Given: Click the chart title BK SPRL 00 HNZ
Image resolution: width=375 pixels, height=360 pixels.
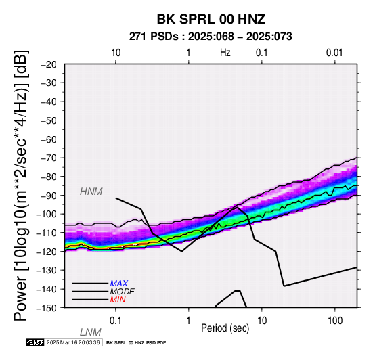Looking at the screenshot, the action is click(211, 19).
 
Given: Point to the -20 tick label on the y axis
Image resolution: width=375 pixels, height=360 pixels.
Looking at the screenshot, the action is click(49, 64).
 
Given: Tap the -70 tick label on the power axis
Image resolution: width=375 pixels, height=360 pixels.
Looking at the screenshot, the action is click(49, 158).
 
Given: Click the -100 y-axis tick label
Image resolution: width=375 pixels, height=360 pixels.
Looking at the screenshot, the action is click(47, 214).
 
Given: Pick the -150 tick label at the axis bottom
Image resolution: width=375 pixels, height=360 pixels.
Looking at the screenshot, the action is click(47, 308).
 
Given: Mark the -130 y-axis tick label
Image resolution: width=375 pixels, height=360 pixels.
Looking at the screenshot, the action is click(47, 271).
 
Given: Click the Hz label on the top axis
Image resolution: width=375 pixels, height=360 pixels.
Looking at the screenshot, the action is click(225, 53).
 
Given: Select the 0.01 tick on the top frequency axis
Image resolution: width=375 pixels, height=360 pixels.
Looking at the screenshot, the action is click(334, 53).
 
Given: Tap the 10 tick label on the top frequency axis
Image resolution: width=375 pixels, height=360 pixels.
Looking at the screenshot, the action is click(116, 53).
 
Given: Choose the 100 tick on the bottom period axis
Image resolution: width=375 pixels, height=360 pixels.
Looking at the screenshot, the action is click(335, 321).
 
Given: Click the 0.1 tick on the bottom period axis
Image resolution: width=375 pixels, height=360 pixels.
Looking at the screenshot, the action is click(116, 321).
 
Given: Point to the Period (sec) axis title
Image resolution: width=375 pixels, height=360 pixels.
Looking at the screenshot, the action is click(225, 328).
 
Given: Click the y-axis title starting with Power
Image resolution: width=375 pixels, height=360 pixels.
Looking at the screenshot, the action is click(20, 185).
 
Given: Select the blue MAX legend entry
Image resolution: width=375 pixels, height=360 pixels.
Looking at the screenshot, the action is click(119, 284).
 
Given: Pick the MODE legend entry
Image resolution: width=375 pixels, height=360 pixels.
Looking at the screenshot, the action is click(123, 292).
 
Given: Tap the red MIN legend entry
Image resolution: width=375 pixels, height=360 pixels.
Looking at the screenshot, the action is click(118, 300).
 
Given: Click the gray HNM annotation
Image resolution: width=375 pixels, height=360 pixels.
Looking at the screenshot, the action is click(91, 192).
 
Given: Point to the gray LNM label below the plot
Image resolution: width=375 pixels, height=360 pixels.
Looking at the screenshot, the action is click(91, 332).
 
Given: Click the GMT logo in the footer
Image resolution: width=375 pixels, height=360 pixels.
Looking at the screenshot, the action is click(35, 342).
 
